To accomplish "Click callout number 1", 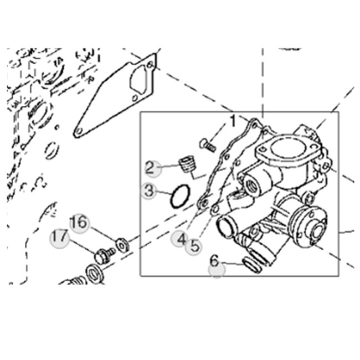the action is point(233,120).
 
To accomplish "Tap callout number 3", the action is point(148,191).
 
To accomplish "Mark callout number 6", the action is point(215,260).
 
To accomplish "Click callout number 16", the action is point(79,223).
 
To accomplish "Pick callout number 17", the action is point(59,238).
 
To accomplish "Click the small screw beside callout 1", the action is point(207,144).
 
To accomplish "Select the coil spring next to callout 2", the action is point(187,164).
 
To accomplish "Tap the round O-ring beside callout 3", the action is point(180,196).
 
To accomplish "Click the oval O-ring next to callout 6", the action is point(252,266).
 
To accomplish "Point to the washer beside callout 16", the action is point(122,244).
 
